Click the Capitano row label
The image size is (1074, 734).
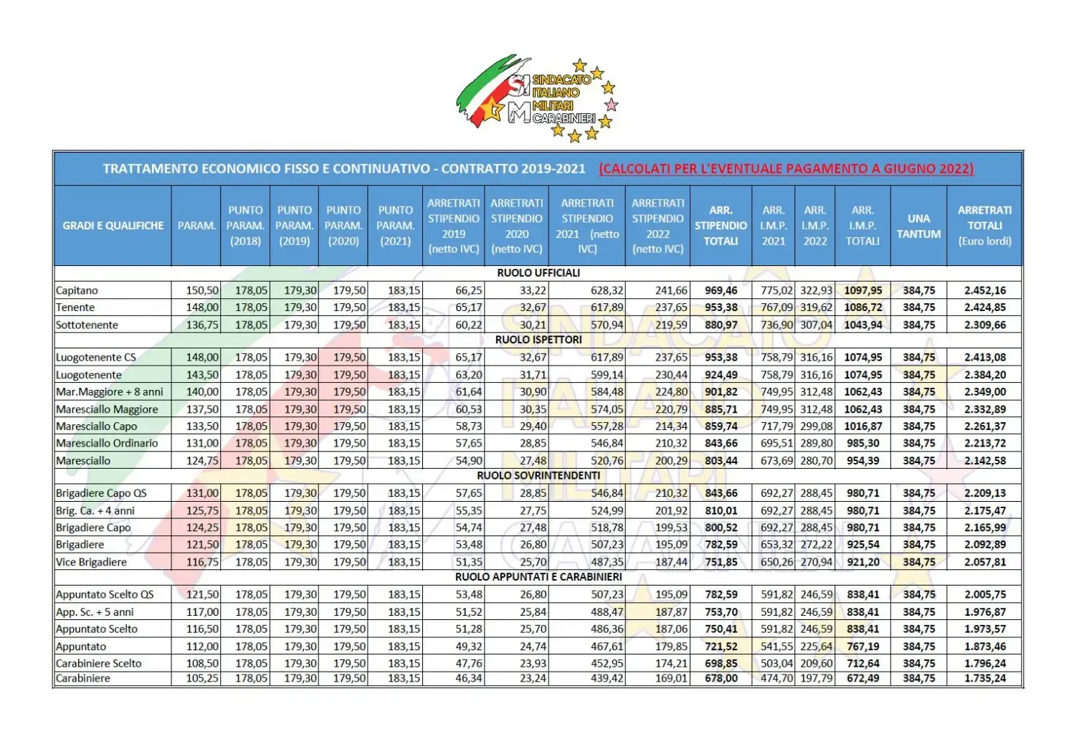tap(77, 290)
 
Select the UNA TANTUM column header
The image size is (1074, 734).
tap(918, 226)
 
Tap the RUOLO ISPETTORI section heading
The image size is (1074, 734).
tap(538, 340)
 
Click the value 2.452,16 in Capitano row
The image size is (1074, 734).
tap(984, 290)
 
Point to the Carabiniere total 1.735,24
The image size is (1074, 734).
tap(984, 678)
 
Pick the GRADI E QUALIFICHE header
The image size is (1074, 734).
tap(113, 226)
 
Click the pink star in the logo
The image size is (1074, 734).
tap(611, 105)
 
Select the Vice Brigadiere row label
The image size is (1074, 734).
tap(91, 562)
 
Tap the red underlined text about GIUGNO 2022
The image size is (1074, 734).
tap(786, 169)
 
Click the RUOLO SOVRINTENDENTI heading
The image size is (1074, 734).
tap(538, 475)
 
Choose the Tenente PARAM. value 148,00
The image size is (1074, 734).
tap(202, 308)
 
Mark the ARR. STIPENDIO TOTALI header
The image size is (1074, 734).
tap(721, 226)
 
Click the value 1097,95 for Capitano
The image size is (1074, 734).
tap(863, 290)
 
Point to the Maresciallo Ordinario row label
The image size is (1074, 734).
tap(107, 443)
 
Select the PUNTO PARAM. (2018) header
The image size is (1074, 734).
tap(245, 226)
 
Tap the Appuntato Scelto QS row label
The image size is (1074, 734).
tap(105, 594)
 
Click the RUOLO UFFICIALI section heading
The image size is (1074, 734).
tap(538, 273)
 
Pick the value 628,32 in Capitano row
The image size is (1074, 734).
tap(607, 290)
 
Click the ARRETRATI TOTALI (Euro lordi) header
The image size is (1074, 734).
tap(984, 226)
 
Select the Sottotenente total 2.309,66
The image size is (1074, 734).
tap(984, 325)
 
